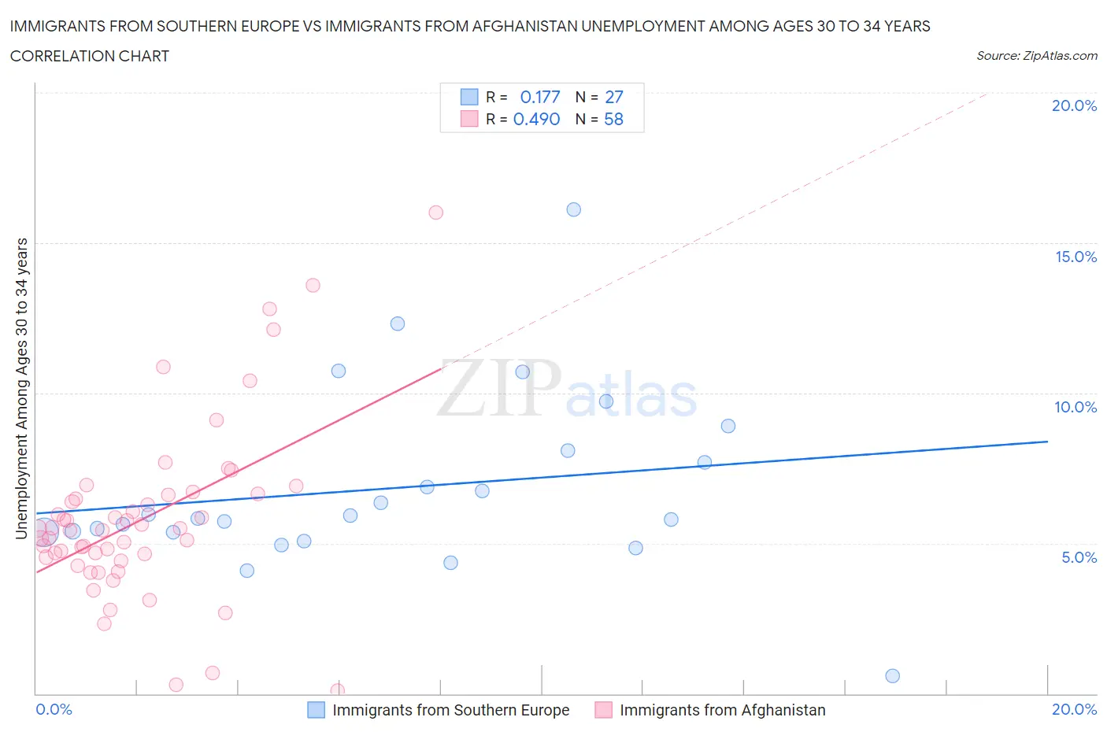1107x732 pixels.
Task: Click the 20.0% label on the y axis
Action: [x=1074, y=105]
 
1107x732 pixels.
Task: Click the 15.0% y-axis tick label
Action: [x=1076, y=257]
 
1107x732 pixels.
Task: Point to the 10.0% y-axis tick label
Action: [x=1076, y=407]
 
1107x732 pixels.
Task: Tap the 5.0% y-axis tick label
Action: [x=1079, y=557]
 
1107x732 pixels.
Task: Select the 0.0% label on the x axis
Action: [x=54, y=709]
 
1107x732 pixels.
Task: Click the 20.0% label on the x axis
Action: [x=1074, y=709]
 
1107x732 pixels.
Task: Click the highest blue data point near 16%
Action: [x=574, y=209]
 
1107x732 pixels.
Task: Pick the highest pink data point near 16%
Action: [x=436, y=213]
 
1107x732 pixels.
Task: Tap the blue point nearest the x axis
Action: [x=892, y=675]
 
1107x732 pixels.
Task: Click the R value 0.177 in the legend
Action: [x=540, y=97]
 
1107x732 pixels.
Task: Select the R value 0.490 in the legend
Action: [x=537, y=119]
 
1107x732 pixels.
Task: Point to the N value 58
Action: [x=614, y=119]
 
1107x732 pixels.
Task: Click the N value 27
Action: [x=614, y=97]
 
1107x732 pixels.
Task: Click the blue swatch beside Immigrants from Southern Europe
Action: [x=316, y=710]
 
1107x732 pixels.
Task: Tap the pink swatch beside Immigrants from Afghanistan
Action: [x=603, y=710]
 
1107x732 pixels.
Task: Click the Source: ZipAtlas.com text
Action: [x=1037, y=56]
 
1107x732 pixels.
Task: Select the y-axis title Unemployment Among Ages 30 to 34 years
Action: [x=22, y=388]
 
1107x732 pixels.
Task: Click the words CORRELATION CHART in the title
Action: [x=90, y=56]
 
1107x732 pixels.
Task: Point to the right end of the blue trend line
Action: [x=1047, y=442]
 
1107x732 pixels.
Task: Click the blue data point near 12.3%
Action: [x=398, y=323]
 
